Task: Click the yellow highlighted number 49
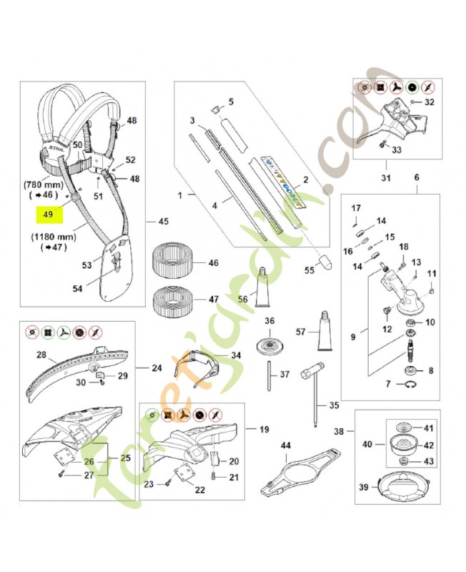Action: (x=49, y=214)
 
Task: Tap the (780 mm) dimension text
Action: (x=48, y=184)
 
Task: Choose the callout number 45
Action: (x=162, y=220)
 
